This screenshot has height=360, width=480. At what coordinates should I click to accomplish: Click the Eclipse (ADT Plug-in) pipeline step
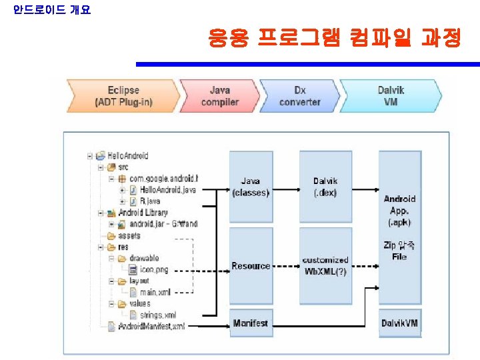pyautogui.click(x=123, y=96)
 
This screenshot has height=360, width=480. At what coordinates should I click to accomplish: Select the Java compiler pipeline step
pyautogui.click(x=219, y=96)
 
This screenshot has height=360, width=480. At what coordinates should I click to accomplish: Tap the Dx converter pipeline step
pyautogui.click(x=299, y=96)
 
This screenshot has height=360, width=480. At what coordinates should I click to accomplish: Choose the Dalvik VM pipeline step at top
pyautogui.click(x=391, y=96)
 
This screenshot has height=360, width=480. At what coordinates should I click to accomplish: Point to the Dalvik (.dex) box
pyautogui.click(x=325, y=187)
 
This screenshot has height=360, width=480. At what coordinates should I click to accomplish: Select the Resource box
pyautogui.click(x=251, y=266)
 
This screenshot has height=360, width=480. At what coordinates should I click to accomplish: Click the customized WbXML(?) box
pyautogui.click(x=325, y=265)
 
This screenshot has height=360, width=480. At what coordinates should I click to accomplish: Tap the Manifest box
pyautogui.click(x=251, y=323)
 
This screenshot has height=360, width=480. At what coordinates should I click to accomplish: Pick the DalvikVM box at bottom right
pyautogui.click(x=400, y=323)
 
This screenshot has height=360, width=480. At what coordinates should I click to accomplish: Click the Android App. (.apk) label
pyautogui.click(x=400, y=210)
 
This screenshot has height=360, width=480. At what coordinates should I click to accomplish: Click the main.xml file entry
pyautogui.click(x=155, y=292)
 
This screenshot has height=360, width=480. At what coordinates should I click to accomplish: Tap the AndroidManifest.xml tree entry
pyautogui.click(x=151, y=326)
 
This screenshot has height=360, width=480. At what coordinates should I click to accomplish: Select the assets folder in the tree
pyautogui.click(x=129, y=235)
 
